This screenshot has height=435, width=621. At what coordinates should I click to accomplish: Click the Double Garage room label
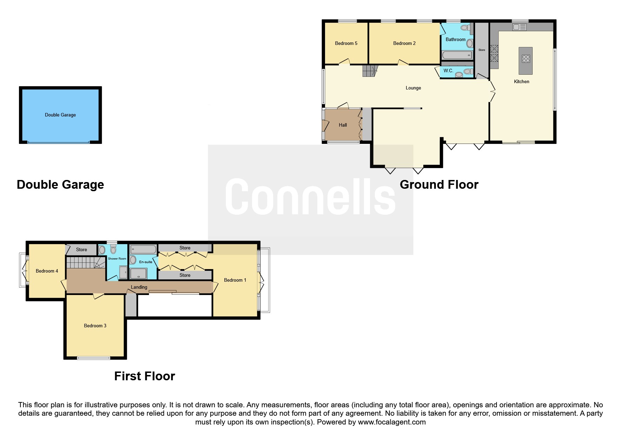pyautogui.click(x=60, y=115)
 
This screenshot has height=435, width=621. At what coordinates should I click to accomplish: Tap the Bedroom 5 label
pyautogui.click(x=346, y=43)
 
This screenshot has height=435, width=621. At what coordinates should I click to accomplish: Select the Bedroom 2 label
pyautogui.click(x=404, y=43)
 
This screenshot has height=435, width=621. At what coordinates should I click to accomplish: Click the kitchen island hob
pyautogui.click(x=526, y=59)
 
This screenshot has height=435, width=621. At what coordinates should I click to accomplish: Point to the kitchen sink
pyautogui.click(x=520, y=27)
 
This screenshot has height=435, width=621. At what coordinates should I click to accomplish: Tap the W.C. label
pyautogui.click(x=448, y=71)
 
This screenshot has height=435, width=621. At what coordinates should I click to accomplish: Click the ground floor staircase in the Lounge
pyautogui.click(x=369, y=71)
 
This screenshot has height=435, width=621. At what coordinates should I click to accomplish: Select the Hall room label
pyautogui.click(x=343, y=125)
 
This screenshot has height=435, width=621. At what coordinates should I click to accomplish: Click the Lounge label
pyautogui.click(x=413, y=88)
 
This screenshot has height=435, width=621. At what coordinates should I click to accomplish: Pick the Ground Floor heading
pyautogui.click(x=439, y=185)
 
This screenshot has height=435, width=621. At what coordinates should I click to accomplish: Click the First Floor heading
pyautogui.click(x=144, y=376)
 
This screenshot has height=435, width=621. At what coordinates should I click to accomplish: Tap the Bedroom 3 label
pyautogui.click(x=95, y=326)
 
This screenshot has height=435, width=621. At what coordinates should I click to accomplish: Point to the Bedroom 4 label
pyautogui.click(x=47, y=271)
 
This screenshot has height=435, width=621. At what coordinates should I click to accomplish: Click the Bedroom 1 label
pyautogui.click(x=235, y=280)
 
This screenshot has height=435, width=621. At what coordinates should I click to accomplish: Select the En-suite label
pyautogui.click(x=146, y=262)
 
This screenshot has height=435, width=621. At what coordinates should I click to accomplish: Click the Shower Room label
pyautogui.click(x=117, y=259)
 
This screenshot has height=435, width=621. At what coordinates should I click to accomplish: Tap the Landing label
pyautogui.click(x=139, y=287)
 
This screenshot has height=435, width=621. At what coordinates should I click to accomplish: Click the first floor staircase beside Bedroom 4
pyautogui.click(x=86, y=262)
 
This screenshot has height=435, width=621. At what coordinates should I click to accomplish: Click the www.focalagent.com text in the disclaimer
pyautogui.click(x=392, y=422)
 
